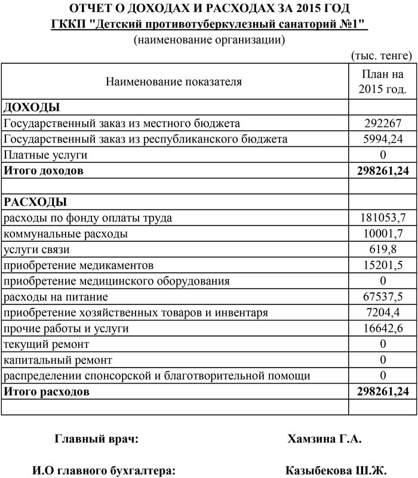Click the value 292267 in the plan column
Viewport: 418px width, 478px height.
click(x=383, y=124)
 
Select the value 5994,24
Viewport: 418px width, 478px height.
click(x=383, y=139)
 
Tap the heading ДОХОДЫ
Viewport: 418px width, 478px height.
click(x=32, y=107)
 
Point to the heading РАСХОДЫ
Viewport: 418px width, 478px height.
click(x=35, y=202)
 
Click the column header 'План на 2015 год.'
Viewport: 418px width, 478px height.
click(x=383, y=82)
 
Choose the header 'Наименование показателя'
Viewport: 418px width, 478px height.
click(x=174, y=82)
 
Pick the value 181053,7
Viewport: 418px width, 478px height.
click(x=383, y=218)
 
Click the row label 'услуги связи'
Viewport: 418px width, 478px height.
click(x=37, y=249)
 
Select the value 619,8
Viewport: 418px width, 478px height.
click(x=383, y=249)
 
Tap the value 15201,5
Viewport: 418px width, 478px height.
click(x=383, y=265)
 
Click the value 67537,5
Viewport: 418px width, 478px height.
click(x=383, y=297)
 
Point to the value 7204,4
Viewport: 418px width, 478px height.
click(x=383, y=312)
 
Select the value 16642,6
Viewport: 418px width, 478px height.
click(x=383, y=328)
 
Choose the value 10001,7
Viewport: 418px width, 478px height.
click(x=383, y=233)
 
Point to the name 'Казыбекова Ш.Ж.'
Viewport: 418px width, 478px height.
click(x=337, y=470)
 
